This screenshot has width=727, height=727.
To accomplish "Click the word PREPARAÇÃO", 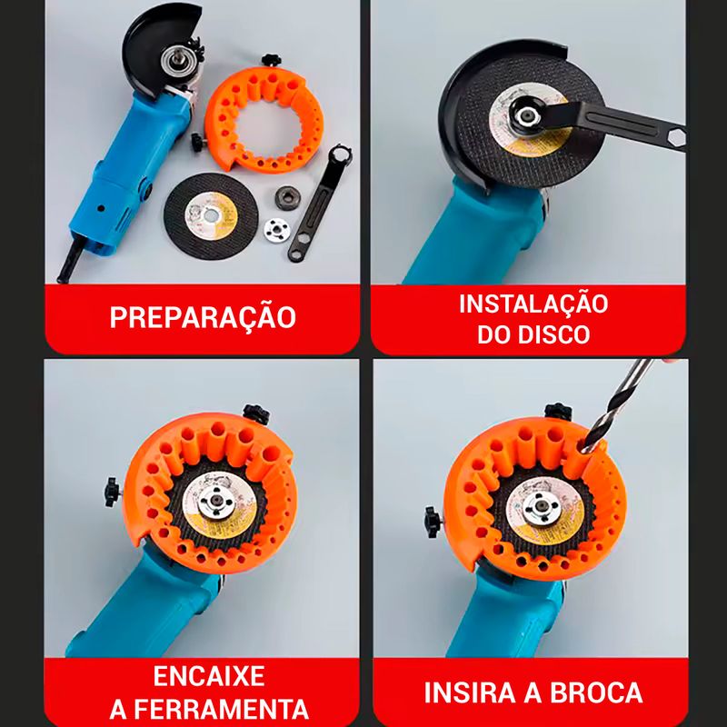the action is [x=203, y=317].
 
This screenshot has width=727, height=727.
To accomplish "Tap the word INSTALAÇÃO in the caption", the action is [x=533, y=304].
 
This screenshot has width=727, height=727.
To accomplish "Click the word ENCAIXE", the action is [x=209, y=676].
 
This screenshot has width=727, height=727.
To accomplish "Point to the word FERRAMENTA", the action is [x=221, y=710].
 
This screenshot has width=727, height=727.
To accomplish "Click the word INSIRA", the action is [x=470, y=692].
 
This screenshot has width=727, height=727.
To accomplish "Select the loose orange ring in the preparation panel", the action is [x=263, y=120].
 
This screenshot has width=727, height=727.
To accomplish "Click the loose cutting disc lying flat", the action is [x=211, y=215].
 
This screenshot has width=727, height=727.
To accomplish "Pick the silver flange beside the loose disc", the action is [x=277, y=230].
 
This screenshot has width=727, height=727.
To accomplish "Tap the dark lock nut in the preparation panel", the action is [x=287, y=197].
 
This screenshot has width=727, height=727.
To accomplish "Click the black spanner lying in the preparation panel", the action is [x=320, y=203].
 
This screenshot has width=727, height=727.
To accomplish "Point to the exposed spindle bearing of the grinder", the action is [x=173, y=60].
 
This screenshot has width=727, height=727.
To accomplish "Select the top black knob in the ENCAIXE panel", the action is [x=256, y=413].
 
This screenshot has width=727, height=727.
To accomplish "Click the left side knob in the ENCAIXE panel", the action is [x=112, y=492].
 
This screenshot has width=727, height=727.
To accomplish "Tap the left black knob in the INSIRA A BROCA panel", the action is [x=432, y=522].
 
